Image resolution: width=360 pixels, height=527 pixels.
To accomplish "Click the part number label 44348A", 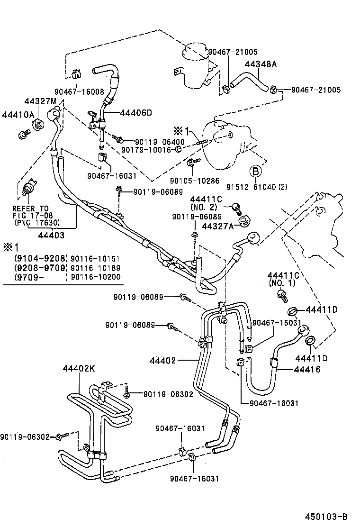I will click(261, 64).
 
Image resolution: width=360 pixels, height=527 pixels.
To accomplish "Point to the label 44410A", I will click(18, 115).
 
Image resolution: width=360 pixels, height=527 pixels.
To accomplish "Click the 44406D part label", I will click(136, 113).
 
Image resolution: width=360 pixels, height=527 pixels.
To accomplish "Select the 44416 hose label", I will click(307, 369).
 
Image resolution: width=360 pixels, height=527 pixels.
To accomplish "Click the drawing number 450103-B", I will click(327, 516).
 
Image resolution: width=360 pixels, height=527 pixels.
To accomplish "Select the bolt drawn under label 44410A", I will click(22, 134).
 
